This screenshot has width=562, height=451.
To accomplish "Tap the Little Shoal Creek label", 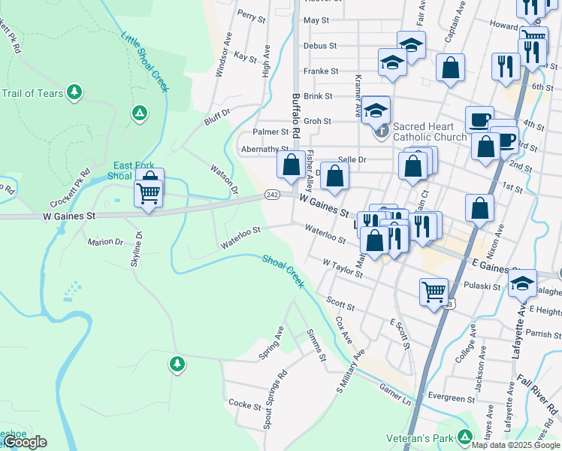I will pos(146,62).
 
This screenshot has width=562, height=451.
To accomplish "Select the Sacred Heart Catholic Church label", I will pos(430,132).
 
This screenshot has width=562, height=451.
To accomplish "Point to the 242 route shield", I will pos(272,195).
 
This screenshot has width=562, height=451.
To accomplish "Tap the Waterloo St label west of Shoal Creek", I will pos(240,239).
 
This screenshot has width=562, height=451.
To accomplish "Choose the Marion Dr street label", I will pos(104,242).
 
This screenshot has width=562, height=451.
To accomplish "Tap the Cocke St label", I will pos(245,406).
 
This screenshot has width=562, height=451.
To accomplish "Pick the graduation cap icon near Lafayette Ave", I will pos(522,283).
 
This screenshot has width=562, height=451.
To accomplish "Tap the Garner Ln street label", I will pos(395,396).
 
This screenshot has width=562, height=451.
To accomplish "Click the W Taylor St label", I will pos(343,268).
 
